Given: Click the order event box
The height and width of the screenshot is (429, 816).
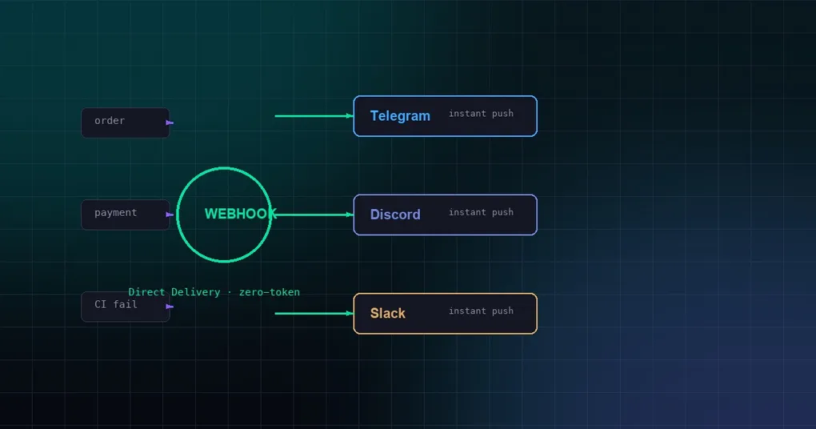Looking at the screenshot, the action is coord(126,123).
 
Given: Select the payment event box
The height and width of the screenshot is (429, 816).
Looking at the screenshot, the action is coord(126,214).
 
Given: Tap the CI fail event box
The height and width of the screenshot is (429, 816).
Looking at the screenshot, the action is coord(126,307).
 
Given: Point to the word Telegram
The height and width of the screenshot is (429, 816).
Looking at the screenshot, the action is coord(400,116).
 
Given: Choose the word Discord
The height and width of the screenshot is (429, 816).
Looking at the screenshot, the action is coord(395,214).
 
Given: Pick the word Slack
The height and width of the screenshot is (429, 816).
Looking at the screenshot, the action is coord(388,314).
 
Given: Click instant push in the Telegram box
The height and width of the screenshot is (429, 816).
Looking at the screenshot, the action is coord(481,114).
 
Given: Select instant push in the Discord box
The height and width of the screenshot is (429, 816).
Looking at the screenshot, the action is coord(481,212).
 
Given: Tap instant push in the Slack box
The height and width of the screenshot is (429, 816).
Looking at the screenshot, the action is coord(481,311).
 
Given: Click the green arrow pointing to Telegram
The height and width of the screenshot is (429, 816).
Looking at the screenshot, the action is coord(314,116).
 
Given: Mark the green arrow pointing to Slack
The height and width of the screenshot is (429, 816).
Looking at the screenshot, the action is coord(314,314).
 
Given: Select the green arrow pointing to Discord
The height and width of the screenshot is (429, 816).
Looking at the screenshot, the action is coord(314,214).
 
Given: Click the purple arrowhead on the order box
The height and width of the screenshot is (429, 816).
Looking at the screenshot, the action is coord(169,123).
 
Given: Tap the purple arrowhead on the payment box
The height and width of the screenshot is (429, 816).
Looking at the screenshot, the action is coord(169,214).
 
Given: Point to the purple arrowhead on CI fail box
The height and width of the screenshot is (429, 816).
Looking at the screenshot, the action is coord(169,307).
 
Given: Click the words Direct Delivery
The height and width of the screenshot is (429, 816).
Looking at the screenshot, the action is coord(174,292).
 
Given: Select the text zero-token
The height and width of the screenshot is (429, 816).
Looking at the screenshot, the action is coord(269,292).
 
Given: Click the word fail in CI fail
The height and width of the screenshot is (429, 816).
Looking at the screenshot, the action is coord(125,304).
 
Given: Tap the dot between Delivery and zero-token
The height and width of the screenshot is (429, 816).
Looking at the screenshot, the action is coord(230,293).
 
